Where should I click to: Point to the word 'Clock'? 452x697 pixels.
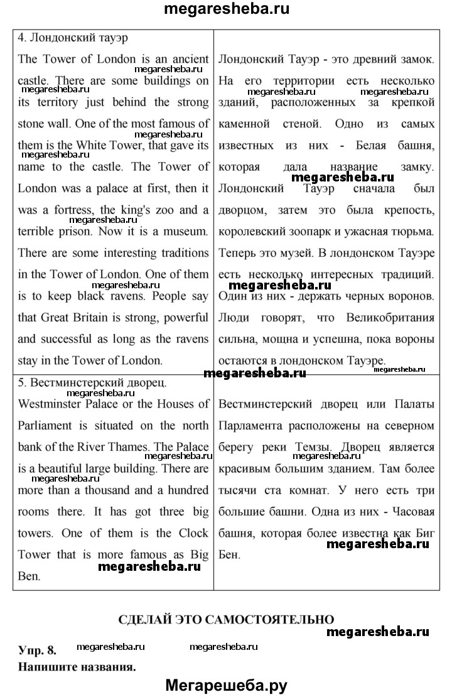click(x=191, y=532)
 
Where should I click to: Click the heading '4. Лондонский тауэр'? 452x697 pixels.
click(x=73, y=37)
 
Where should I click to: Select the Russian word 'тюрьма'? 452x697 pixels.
click(x=411, y=232)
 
